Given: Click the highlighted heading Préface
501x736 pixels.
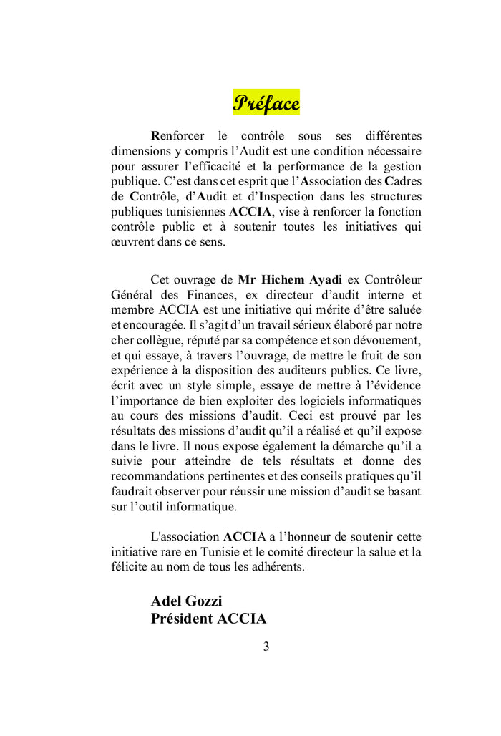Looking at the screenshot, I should click(266, 103).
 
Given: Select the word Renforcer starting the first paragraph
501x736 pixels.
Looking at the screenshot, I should click(177, 135).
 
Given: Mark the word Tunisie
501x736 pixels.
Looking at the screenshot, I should click(219, 552).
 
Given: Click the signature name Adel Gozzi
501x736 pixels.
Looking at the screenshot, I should click(186, 601).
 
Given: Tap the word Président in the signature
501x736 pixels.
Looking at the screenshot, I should click(180, 619).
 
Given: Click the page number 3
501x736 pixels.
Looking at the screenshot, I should click(266, 647).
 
